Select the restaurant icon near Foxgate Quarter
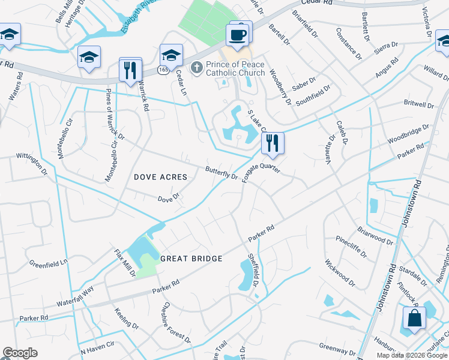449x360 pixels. pyautogui.click(x=273, y=143)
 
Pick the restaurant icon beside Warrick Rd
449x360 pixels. pyautogui.click(x=130, y=70)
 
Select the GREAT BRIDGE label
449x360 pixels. pyautogui.click(x=191, y=259)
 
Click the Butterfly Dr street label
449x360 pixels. pyautogui.click(x=221, y=173)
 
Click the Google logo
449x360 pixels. pyautogui.click(x=20, y=353)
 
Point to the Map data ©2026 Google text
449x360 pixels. pyautogui.click(x=411, y=355)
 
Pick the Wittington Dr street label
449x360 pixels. pyautogui.click(x=32, y=164)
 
